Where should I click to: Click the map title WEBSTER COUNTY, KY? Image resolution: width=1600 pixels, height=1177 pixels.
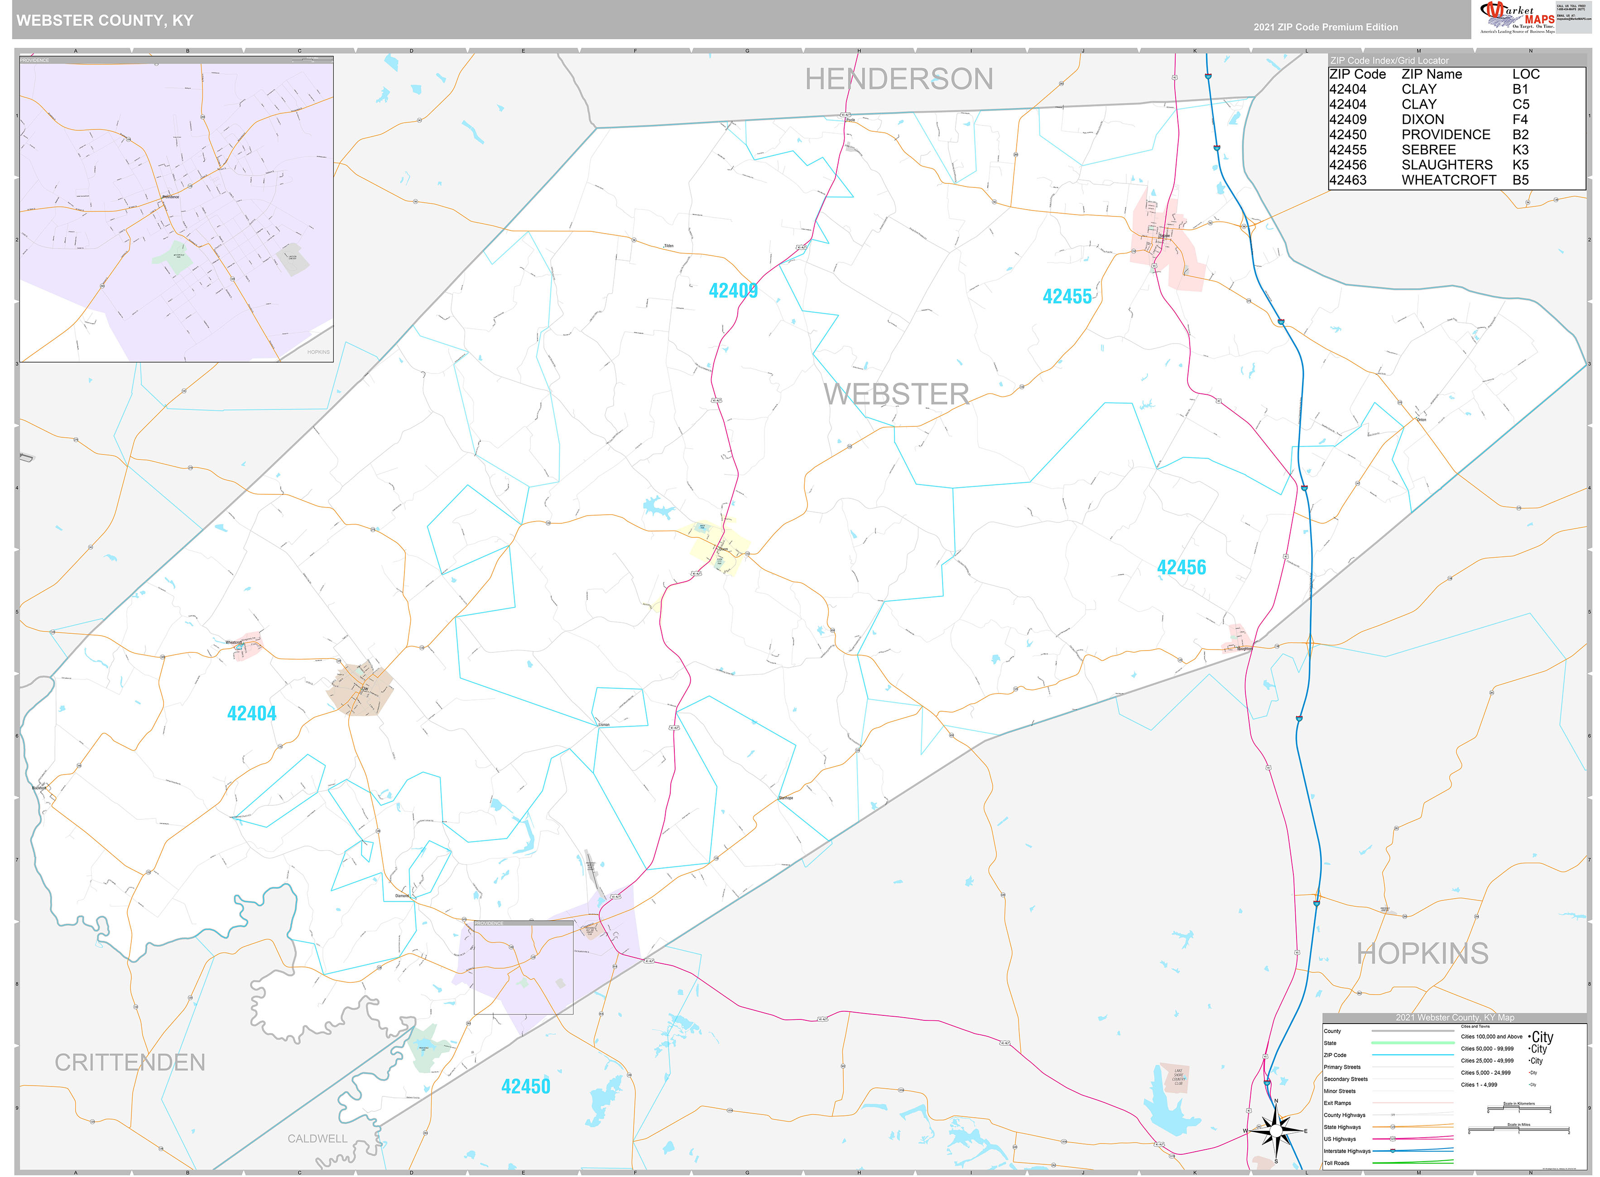pos(105,20)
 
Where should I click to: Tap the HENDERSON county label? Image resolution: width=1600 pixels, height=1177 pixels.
pos(898,79)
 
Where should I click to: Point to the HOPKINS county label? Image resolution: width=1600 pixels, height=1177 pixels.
pos(1422,953)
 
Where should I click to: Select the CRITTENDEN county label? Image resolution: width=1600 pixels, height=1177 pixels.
pos(130,1062)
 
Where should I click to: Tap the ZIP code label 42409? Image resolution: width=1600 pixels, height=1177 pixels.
pos(733,291)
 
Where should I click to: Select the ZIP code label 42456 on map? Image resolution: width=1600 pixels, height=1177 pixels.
pos(1181,567)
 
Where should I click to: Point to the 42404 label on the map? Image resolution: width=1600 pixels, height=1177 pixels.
pos(252,713)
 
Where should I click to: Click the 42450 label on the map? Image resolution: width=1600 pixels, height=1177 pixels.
pos(525,1086)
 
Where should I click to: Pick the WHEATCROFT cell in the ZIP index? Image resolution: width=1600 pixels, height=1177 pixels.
pos(1448,180)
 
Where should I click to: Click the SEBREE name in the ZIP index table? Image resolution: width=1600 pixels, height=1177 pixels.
pos(1428,150)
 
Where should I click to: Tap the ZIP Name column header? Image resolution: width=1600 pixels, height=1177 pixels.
pos(1431,74)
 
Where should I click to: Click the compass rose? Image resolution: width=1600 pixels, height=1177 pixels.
pos(1276,1130)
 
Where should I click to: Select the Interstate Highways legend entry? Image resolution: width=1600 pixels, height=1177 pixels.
pos(1347,1151)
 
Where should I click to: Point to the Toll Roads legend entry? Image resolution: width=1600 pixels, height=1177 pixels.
pos(1336,1163)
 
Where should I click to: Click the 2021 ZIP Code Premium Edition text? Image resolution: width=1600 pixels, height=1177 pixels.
pos(1325,27)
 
